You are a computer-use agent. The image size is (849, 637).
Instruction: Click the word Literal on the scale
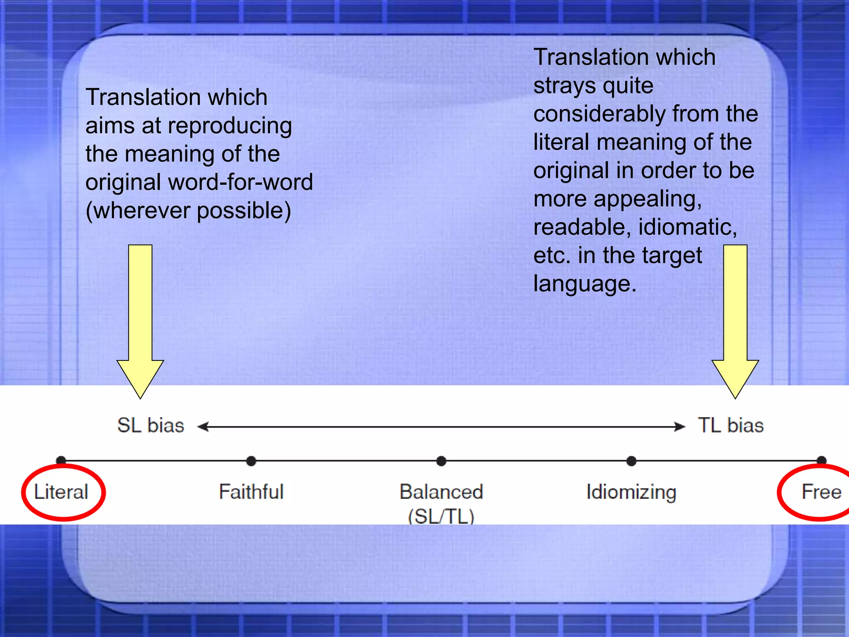[61, 492]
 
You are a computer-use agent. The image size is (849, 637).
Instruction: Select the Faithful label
[251, 492]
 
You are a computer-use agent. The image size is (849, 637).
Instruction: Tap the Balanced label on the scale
[441, 492]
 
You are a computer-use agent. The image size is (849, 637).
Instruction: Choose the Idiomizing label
[631, 492]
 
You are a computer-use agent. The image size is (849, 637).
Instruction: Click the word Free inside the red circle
[821, 492]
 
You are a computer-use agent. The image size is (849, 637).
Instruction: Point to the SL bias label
[150, 425]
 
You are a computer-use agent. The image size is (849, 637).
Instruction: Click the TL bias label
[731, 425]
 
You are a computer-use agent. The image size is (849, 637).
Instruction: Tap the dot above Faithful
[251, 461]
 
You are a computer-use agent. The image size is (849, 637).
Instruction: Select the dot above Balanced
[441, 461]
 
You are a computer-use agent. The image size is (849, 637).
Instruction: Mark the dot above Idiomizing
[631, 461]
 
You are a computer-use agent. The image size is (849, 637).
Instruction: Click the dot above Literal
[61, 460]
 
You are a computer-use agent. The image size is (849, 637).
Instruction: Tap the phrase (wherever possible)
[188, 211]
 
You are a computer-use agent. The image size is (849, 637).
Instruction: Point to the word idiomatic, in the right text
[687, 227]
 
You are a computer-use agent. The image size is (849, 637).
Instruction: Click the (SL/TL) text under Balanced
[441, 516]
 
